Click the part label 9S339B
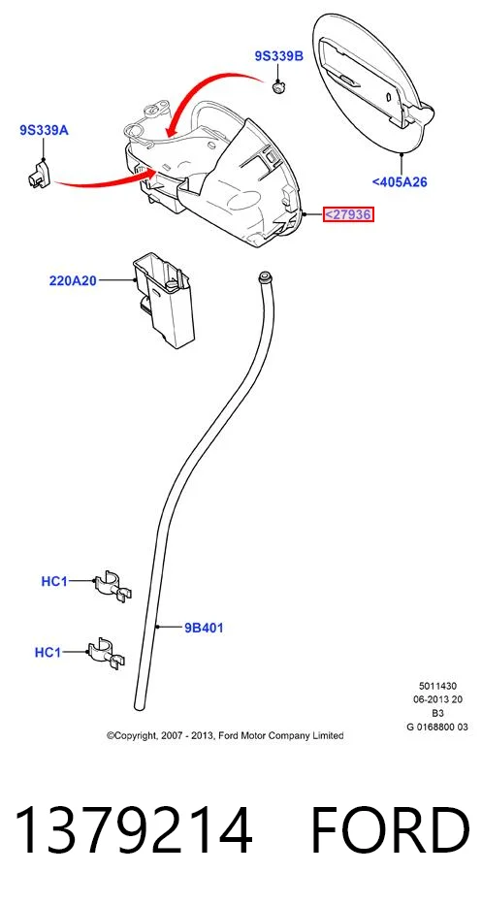click(278, 56)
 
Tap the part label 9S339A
click(44, 130)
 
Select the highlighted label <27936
click(348, 214)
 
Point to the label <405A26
click(400, 182)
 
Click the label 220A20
click(73, 281)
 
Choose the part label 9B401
click(204, 628)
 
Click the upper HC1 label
click(54, 582)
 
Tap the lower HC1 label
click(48, 653)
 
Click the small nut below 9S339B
click(278, 87)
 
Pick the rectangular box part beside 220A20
click(164, 302)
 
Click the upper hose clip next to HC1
click(112, 585)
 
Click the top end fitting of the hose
click(266, 275)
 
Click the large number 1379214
click(133, 830)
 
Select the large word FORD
click(390, 830)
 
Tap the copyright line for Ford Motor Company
click(225, 735)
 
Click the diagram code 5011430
click(437, 686)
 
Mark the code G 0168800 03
click(437, 727)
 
